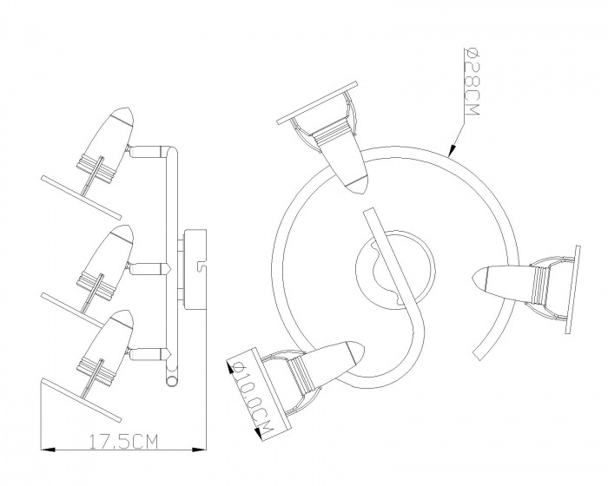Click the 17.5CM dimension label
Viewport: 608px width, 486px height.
coord(123,442)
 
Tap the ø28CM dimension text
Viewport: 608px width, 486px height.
coord(473,82)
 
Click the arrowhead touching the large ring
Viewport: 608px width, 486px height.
coord(453,150)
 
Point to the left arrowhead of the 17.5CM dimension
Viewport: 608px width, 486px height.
coord(47,450)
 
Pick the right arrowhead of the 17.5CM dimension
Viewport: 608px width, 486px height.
coord(200,450)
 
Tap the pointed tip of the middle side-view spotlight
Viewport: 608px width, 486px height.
coord(132,232)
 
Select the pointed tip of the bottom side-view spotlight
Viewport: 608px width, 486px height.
coord(132,316)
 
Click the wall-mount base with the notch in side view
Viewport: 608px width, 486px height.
coord(195,269)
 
